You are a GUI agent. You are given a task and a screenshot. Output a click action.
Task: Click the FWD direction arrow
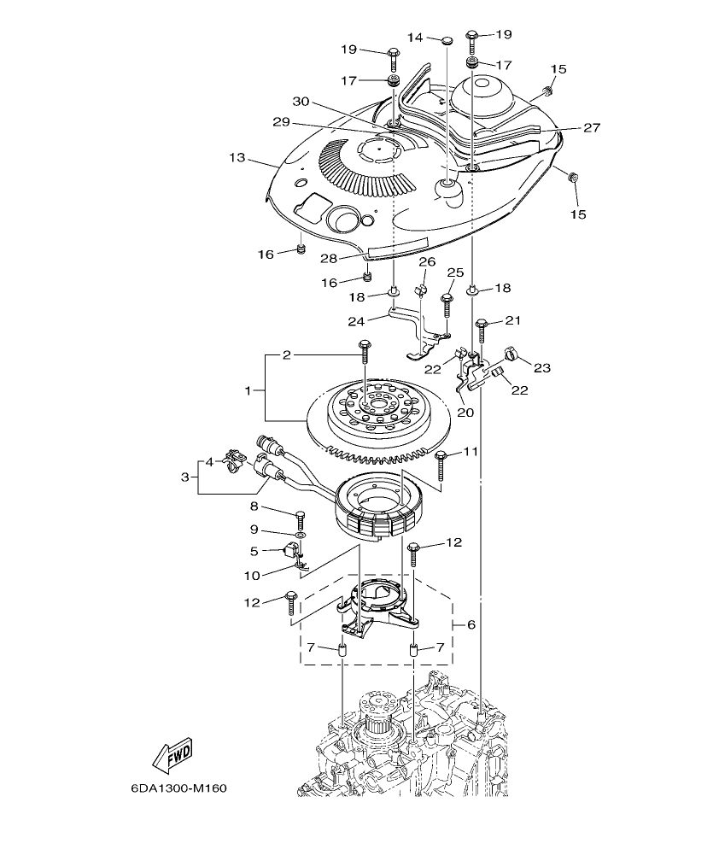(172, 754)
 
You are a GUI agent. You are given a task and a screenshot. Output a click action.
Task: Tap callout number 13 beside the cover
(237, 157)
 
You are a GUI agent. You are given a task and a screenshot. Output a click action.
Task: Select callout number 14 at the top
(414, 38)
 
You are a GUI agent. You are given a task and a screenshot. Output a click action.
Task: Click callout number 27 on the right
(591, 127)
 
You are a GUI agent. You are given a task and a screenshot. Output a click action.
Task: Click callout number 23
(542, 369)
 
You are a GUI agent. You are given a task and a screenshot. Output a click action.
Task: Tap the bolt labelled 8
(300, 518)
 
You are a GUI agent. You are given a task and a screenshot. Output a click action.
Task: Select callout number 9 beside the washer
(254, 531)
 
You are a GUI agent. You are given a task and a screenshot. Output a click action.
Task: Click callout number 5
(254, 551)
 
